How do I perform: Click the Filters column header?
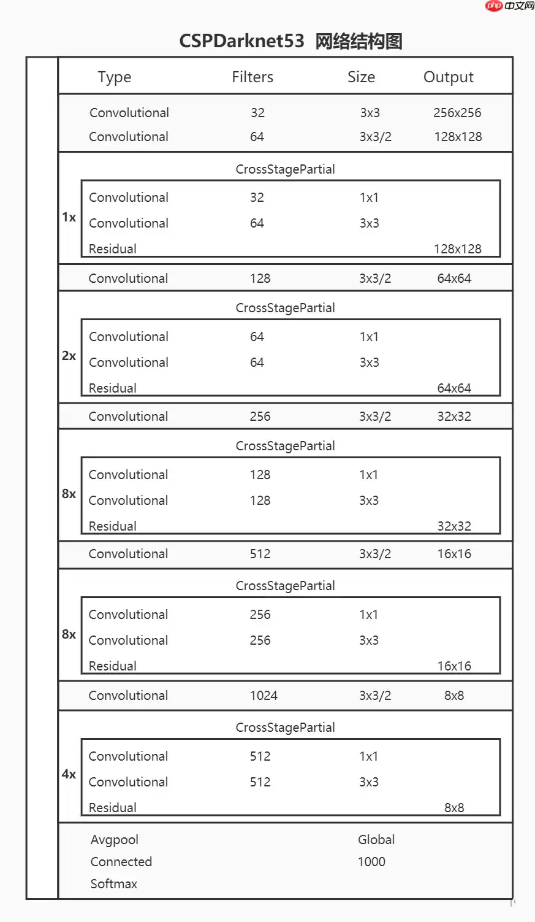[x=252, y=77]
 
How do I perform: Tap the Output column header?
[x=449, y=77]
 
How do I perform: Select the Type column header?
[x=115, y=77]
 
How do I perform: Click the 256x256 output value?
[x=457, y=113]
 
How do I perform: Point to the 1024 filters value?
[x=264, y=696]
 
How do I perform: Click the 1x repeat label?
[x=69, y=217]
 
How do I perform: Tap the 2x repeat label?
[x=69, y=356]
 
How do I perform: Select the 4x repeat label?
[x=69, y=774]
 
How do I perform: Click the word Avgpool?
[x=115, y=840]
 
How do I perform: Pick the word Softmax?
[x=114, y=884]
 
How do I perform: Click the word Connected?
[x=121, y=862]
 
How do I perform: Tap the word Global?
[x=376, y=840]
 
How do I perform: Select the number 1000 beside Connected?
[x=371, y=862]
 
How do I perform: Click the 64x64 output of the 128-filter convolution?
[x=454, y=279]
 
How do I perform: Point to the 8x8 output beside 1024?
[x=454, y=696]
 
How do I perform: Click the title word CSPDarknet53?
[x=241, y=41]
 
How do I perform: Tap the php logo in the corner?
[x=493, y=6]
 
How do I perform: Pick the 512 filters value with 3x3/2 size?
[x=260, y=554]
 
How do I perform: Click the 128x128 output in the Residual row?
[x=458, y=249]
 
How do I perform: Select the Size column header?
[x=361, y=77]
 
